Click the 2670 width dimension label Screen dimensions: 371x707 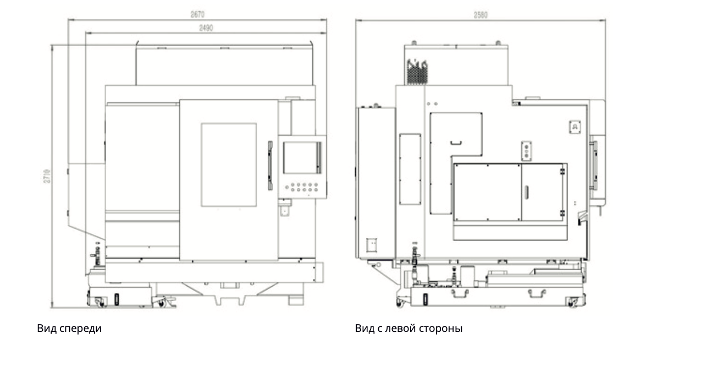point(198,15)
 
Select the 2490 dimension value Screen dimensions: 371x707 point(206,28)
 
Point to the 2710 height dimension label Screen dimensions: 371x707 point(48,176)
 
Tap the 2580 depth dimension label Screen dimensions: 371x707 point(480,15)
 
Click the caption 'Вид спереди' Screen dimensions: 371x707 point(69,329)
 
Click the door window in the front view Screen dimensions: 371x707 point(229,165)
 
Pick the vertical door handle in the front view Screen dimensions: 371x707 point(270,166)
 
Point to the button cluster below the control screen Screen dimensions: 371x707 point(302,187)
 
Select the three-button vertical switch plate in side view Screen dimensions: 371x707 point(527,151)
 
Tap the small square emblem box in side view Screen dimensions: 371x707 point(575,127)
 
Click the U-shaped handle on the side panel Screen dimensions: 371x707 point(456,144)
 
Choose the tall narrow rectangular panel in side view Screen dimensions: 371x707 point(410,167)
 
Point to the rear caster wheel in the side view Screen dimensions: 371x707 point(573,302)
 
